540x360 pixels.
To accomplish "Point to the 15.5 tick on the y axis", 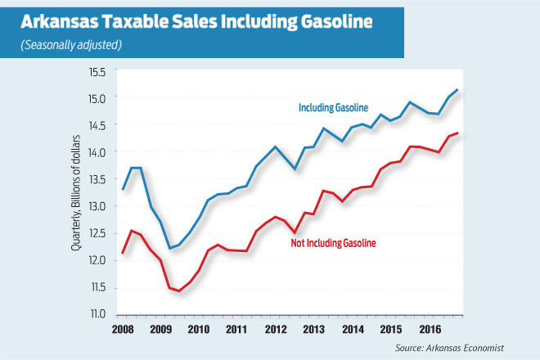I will click(98, 73).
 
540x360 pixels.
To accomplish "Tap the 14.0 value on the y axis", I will click(98, 152).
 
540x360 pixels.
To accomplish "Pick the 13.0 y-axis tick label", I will click(98, 206).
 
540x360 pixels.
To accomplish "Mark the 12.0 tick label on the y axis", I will click(98, 260).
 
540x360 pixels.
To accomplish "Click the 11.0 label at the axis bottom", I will click(98, 313).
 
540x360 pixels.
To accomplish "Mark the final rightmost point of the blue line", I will click(457, 89).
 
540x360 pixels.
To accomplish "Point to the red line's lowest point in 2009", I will click(179, 290).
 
